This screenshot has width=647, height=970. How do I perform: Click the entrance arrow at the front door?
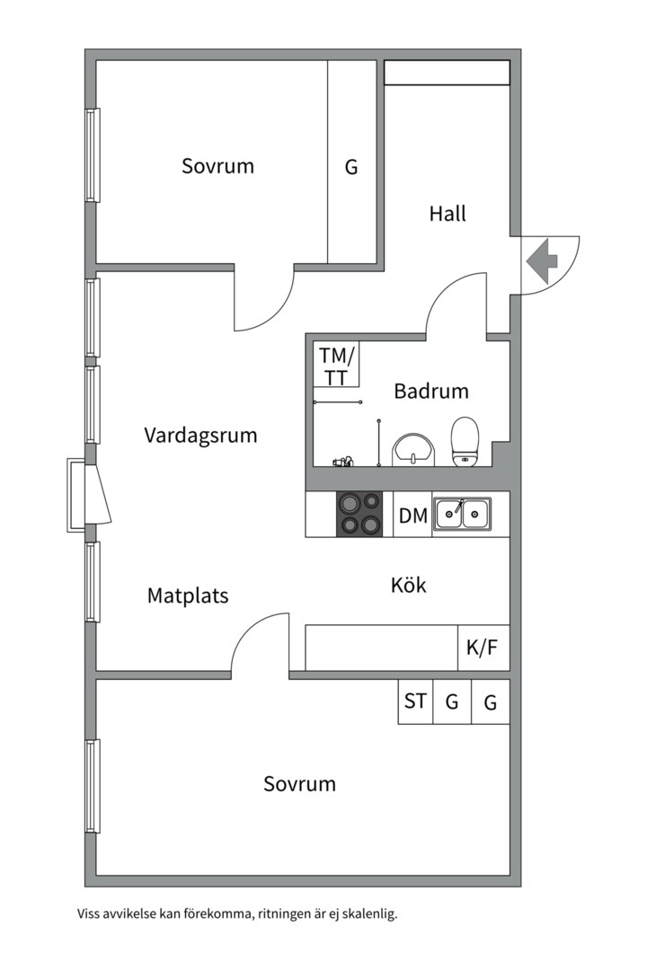[x=541, y=261]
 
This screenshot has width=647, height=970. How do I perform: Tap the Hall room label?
[x=448, y=215]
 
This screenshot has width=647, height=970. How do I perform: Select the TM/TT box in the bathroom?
[x=337, y=366]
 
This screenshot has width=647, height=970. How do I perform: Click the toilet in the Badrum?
[x=465, y=441]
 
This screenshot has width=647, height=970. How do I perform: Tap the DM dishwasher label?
[x=412, y=516]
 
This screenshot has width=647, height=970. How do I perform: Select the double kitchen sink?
[x=462, y=514]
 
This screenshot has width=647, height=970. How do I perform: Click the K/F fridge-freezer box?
[x=483, y=648]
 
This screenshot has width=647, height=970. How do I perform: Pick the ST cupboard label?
[x=415, y=701]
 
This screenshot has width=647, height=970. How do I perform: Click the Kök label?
[x=408, y=586]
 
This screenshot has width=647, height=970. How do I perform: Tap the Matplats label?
[x=188, y=595]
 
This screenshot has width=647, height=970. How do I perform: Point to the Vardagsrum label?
[x=200, y=436]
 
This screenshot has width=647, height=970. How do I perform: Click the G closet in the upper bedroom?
[x=351, y=167]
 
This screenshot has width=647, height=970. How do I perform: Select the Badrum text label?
[x=431, y=392]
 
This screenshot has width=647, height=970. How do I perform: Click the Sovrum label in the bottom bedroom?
[x=299, y=784]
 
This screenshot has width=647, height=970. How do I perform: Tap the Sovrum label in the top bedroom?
[x=217, y=166]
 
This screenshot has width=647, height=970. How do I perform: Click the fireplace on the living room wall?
[x=90, y=495]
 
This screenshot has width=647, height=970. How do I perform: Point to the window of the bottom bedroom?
[x=92, y=786]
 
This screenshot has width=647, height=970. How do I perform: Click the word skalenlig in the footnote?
[x=366, y=915]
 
